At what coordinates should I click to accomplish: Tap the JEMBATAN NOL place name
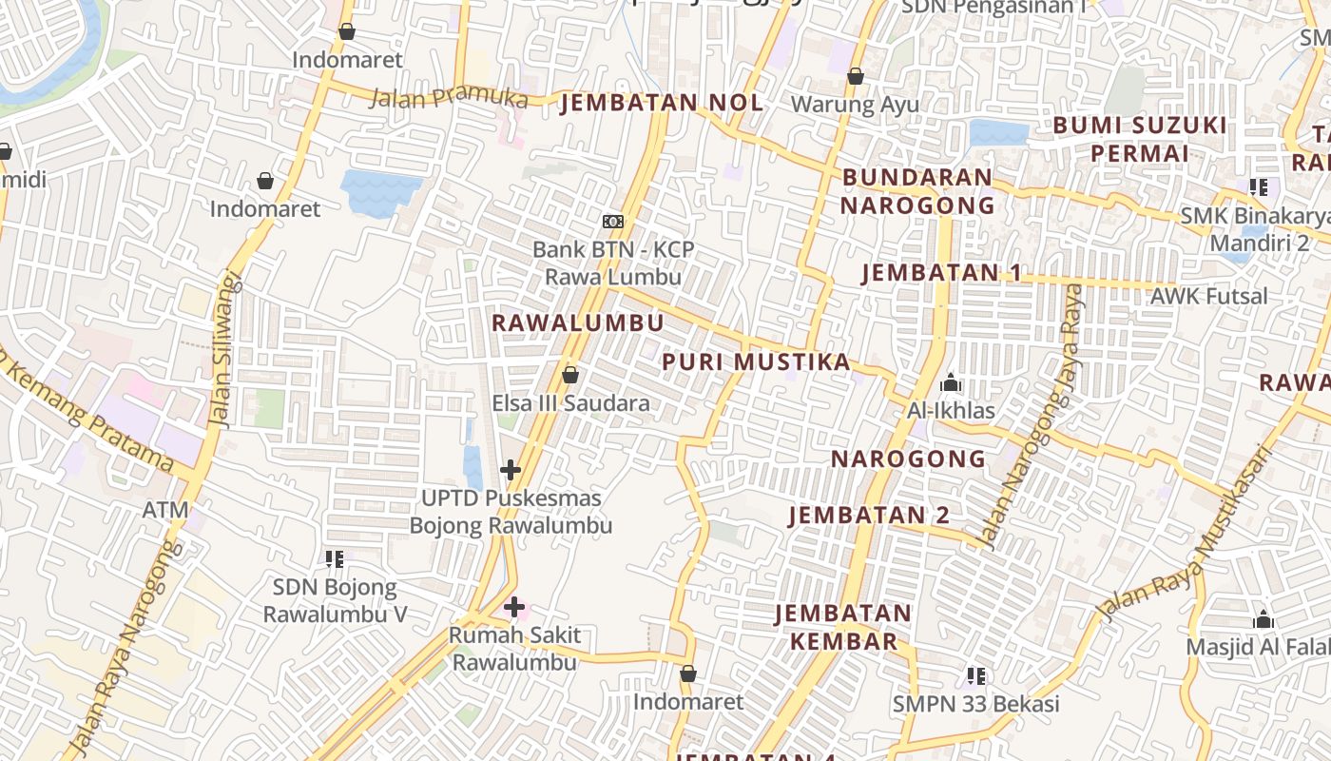pyautogui.click(x=662, y=103)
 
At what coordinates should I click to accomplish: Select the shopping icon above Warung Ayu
pyautogui.click(x=856, y=76)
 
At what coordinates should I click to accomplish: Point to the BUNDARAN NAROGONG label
pyautogui.click(x=917, y=190)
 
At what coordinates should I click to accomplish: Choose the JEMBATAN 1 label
pyautogui.click(x=941, y=273)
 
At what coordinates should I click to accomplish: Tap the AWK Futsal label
pyautogui.click(x=1208, y=296)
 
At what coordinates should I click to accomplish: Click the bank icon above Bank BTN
pyautogui.click(x=613, y=222)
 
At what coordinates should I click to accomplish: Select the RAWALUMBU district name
pyautogui.click(x=577, y=322)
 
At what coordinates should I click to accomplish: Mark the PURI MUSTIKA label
pyautogui.click(x=756, y=361)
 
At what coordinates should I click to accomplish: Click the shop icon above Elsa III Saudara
pyautogui.click(x=570, y=376)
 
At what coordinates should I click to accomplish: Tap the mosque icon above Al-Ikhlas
pyautogui.click(x=951, y=383)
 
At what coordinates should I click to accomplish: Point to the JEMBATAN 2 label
pyautogui.click(x=869, y=515)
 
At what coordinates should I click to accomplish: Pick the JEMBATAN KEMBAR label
pyautogui.click(x=843, y=627)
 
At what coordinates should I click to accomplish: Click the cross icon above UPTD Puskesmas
pyautogui.click(x=511, y=470)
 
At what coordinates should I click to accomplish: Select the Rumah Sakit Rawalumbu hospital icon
pyautogui.click(x=514, y=607)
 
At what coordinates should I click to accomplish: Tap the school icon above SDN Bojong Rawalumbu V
pyautogui.click(x=335, y=559)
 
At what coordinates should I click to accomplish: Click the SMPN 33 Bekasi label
pyautogui.click(x=975, y=705)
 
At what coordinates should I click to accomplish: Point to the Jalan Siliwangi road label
pyautogui.click(x=224, y=352)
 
